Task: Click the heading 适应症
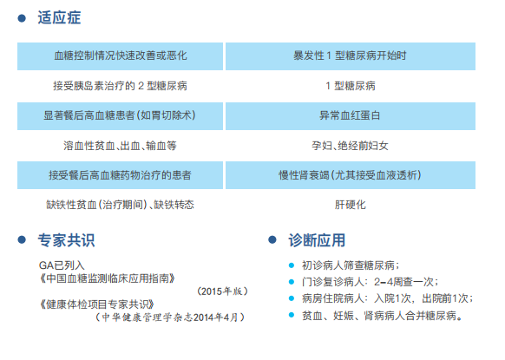pos(59,17)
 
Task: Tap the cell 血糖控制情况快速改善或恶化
pos(120,56)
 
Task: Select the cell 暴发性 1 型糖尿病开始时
pos(351,56)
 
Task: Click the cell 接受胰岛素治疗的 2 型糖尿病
pos(120,86)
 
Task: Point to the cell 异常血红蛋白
pos(351,116)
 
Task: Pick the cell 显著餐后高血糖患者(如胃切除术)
pos(120,116)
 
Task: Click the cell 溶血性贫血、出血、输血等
pos(120,146)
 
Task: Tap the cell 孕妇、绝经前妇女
pos(350,146)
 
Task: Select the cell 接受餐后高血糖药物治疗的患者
pos(120,175)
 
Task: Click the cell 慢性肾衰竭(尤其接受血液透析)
pos(351,175)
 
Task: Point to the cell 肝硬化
pos(350,205)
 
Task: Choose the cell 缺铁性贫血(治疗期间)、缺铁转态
pos(120,205)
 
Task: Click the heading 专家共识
pos(66,240)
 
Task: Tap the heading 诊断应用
pos(317,240)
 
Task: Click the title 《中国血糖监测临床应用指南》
pos(108,278)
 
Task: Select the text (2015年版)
pos(222,291)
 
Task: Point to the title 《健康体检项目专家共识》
pos(96,304)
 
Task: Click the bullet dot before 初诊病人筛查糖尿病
pos(292,265)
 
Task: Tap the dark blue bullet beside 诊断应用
pos(272,240)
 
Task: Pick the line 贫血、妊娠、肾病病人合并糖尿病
pos(383,316)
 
